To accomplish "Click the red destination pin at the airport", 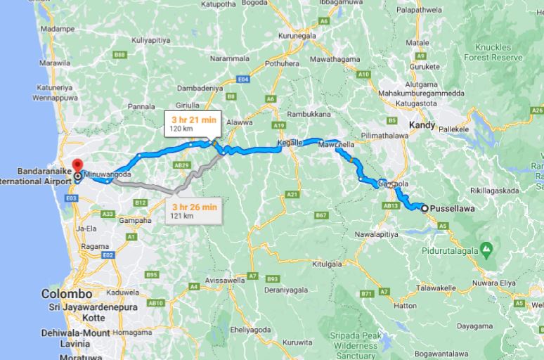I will click(77, 168).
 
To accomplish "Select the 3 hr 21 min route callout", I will click(192, 122).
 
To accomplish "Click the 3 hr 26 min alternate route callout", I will click(195, 210).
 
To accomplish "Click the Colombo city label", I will click(67, 293).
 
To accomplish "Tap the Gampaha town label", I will click(136, 220).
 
